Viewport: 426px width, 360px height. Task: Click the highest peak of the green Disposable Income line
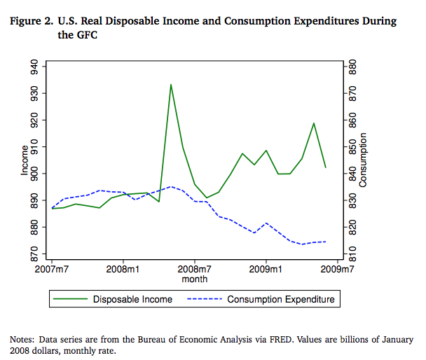(170, 85)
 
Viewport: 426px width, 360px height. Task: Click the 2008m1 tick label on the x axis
(123, 268)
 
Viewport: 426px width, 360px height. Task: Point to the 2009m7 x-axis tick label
(337, 268)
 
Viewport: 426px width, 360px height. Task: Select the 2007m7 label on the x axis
(53, 268)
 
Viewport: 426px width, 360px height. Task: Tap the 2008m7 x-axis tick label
(195, 268)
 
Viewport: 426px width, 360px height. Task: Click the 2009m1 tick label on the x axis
(266, 268)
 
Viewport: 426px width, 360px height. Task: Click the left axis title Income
(25, 160)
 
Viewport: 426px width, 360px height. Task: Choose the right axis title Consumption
(363, 160)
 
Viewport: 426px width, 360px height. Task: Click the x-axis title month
(195, 279)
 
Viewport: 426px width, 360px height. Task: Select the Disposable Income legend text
(132, 299)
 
